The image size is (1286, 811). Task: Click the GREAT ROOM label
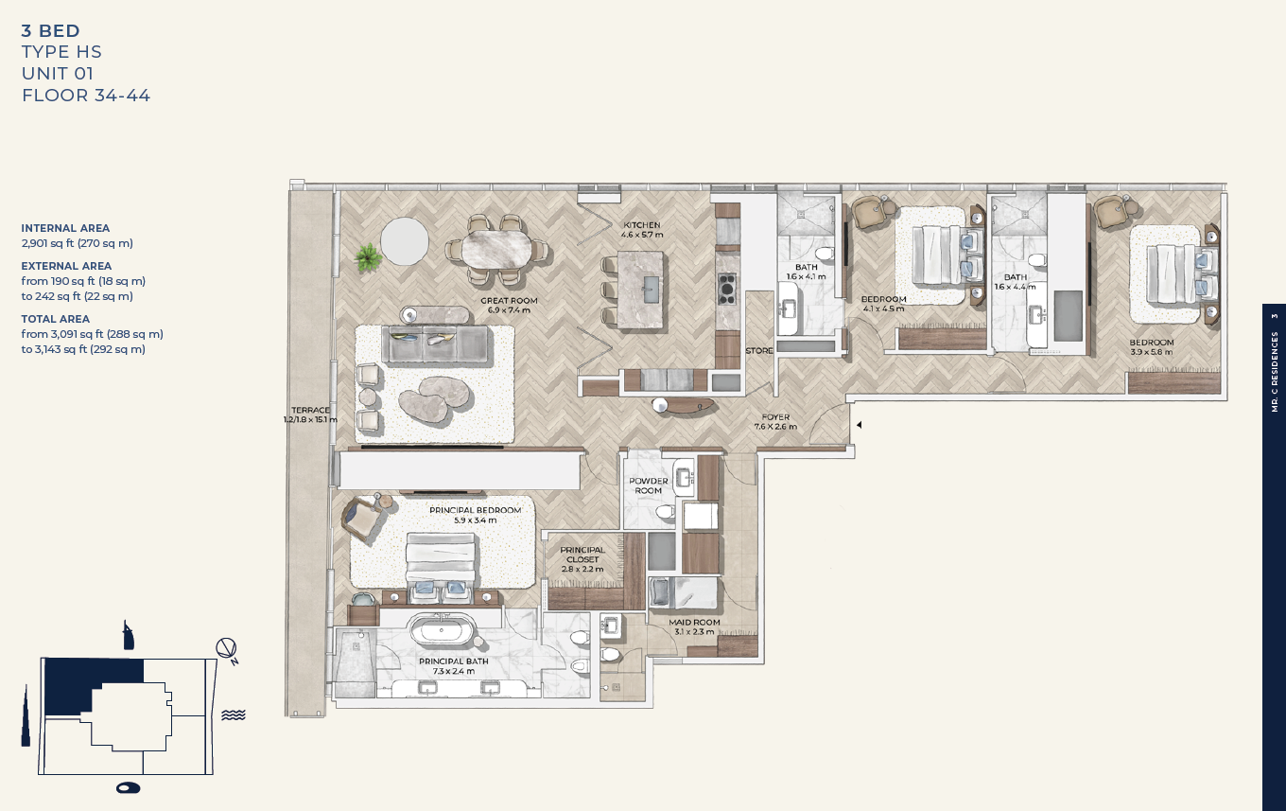(510, 300)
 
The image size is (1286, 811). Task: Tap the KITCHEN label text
(642, 225)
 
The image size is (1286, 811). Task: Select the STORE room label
(759, 350)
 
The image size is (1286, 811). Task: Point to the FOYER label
(775, 417)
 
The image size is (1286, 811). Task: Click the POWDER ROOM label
(648, 485)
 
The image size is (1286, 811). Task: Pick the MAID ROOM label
(694, 622)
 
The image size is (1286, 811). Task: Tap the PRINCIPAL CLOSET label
(582, 555)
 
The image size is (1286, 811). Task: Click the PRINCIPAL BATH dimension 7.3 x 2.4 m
(454, 671)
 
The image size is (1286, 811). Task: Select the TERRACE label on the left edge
(310, 410)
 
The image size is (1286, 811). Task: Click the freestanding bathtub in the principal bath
(442, 630)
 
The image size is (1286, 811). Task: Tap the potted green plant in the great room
(368, 258)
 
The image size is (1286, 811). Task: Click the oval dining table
(497, 249)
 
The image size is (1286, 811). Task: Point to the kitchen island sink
(652, 290)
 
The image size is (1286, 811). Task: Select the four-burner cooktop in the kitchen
(727, 289)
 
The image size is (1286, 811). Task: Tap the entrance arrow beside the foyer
(859, 425)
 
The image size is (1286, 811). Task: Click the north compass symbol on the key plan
(227, 649)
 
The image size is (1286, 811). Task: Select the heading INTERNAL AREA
(65, 228)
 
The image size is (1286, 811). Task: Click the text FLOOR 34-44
(86, 96)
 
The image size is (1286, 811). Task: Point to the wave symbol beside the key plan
(233, 714)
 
